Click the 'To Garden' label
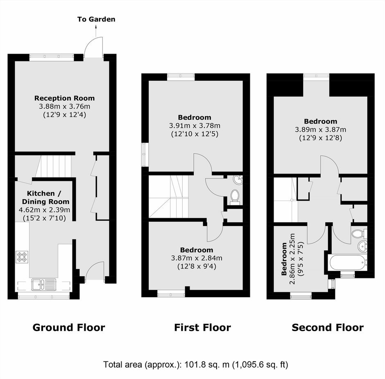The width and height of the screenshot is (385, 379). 96,19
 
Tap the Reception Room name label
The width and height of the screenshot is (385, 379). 64,98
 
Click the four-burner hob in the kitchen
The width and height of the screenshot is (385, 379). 22,257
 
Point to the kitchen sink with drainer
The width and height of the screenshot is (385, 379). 44,284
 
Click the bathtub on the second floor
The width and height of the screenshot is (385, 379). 348,262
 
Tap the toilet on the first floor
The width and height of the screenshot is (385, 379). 235,196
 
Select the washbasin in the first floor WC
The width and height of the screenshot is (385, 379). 238,180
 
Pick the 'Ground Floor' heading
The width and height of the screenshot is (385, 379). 69,327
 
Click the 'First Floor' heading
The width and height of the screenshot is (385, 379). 203,327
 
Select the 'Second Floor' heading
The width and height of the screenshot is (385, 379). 328,327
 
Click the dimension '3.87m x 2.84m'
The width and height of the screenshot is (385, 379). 197,258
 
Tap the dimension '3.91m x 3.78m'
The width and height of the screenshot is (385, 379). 195,126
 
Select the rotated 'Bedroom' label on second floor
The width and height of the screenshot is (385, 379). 284,259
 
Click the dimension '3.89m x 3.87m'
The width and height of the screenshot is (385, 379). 320,129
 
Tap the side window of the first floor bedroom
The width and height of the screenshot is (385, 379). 145,155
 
